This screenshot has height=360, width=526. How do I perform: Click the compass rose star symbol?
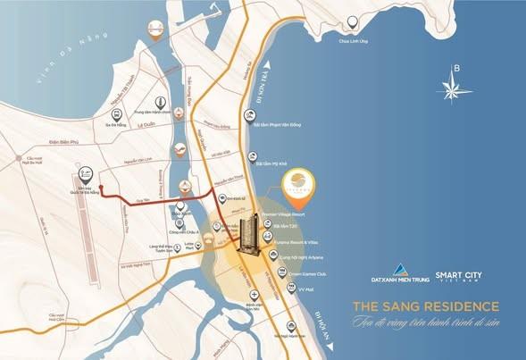455,88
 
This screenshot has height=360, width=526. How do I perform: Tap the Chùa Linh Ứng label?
354,39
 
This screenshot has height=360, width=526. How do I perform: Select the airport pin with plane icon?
87,172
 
